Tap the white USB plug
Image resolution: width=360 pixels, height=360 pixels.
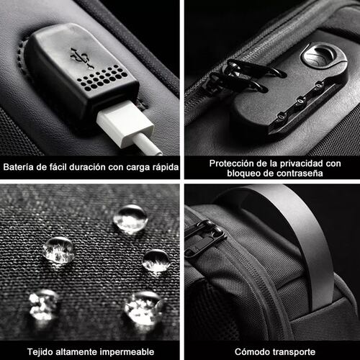tap(125, 122)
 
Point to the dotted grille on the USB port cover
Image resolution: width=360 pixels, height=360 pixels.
tap(104, 78)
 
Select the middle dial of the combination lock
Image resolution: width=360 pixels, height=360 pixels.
tap(300, 102)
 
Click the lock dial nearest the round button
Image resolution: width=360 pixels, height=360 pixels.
tap(319, 85)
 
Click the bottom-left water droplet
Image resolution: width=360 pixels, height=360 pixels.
tap(43, 305)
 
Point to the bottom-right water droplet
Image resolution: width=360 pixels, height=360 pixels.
tap(145, 308)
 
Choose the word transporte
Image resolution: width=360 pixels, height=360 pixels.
tap(292, 352)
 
